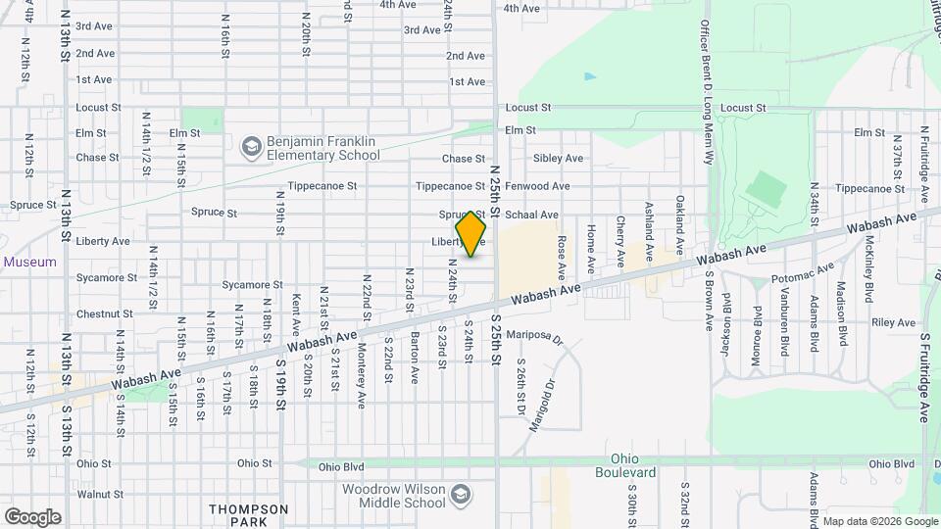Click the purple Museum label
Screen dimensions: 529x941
pyautogui.click(x=29, y=263)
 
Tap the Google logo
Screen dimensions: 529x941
pyautogui.click(x=32, y=516)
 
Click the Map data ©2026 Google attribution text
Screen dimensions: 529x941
pyautogui.click(x=878, y=521)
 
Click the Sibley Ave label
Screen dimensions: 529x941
pyautogui.click(x=558, y=159)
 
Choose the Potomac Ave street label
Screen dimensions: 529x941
pyautogui.click(x=802, y=272)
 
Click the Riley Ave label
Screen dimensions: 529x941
pyautogui.click(x=893, y=322)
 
